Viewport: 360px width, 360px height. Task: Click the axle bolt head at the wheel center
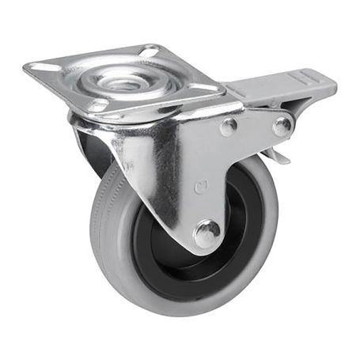[x=207, y=233]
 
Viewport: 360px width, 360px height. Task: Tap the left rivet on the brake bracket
[x=228, y=127]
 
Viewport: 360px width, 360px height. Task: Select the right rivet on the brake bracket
[x=281, y=125]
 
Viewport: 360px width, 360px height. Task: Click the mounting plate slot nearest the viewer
[x=98, y=104]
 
